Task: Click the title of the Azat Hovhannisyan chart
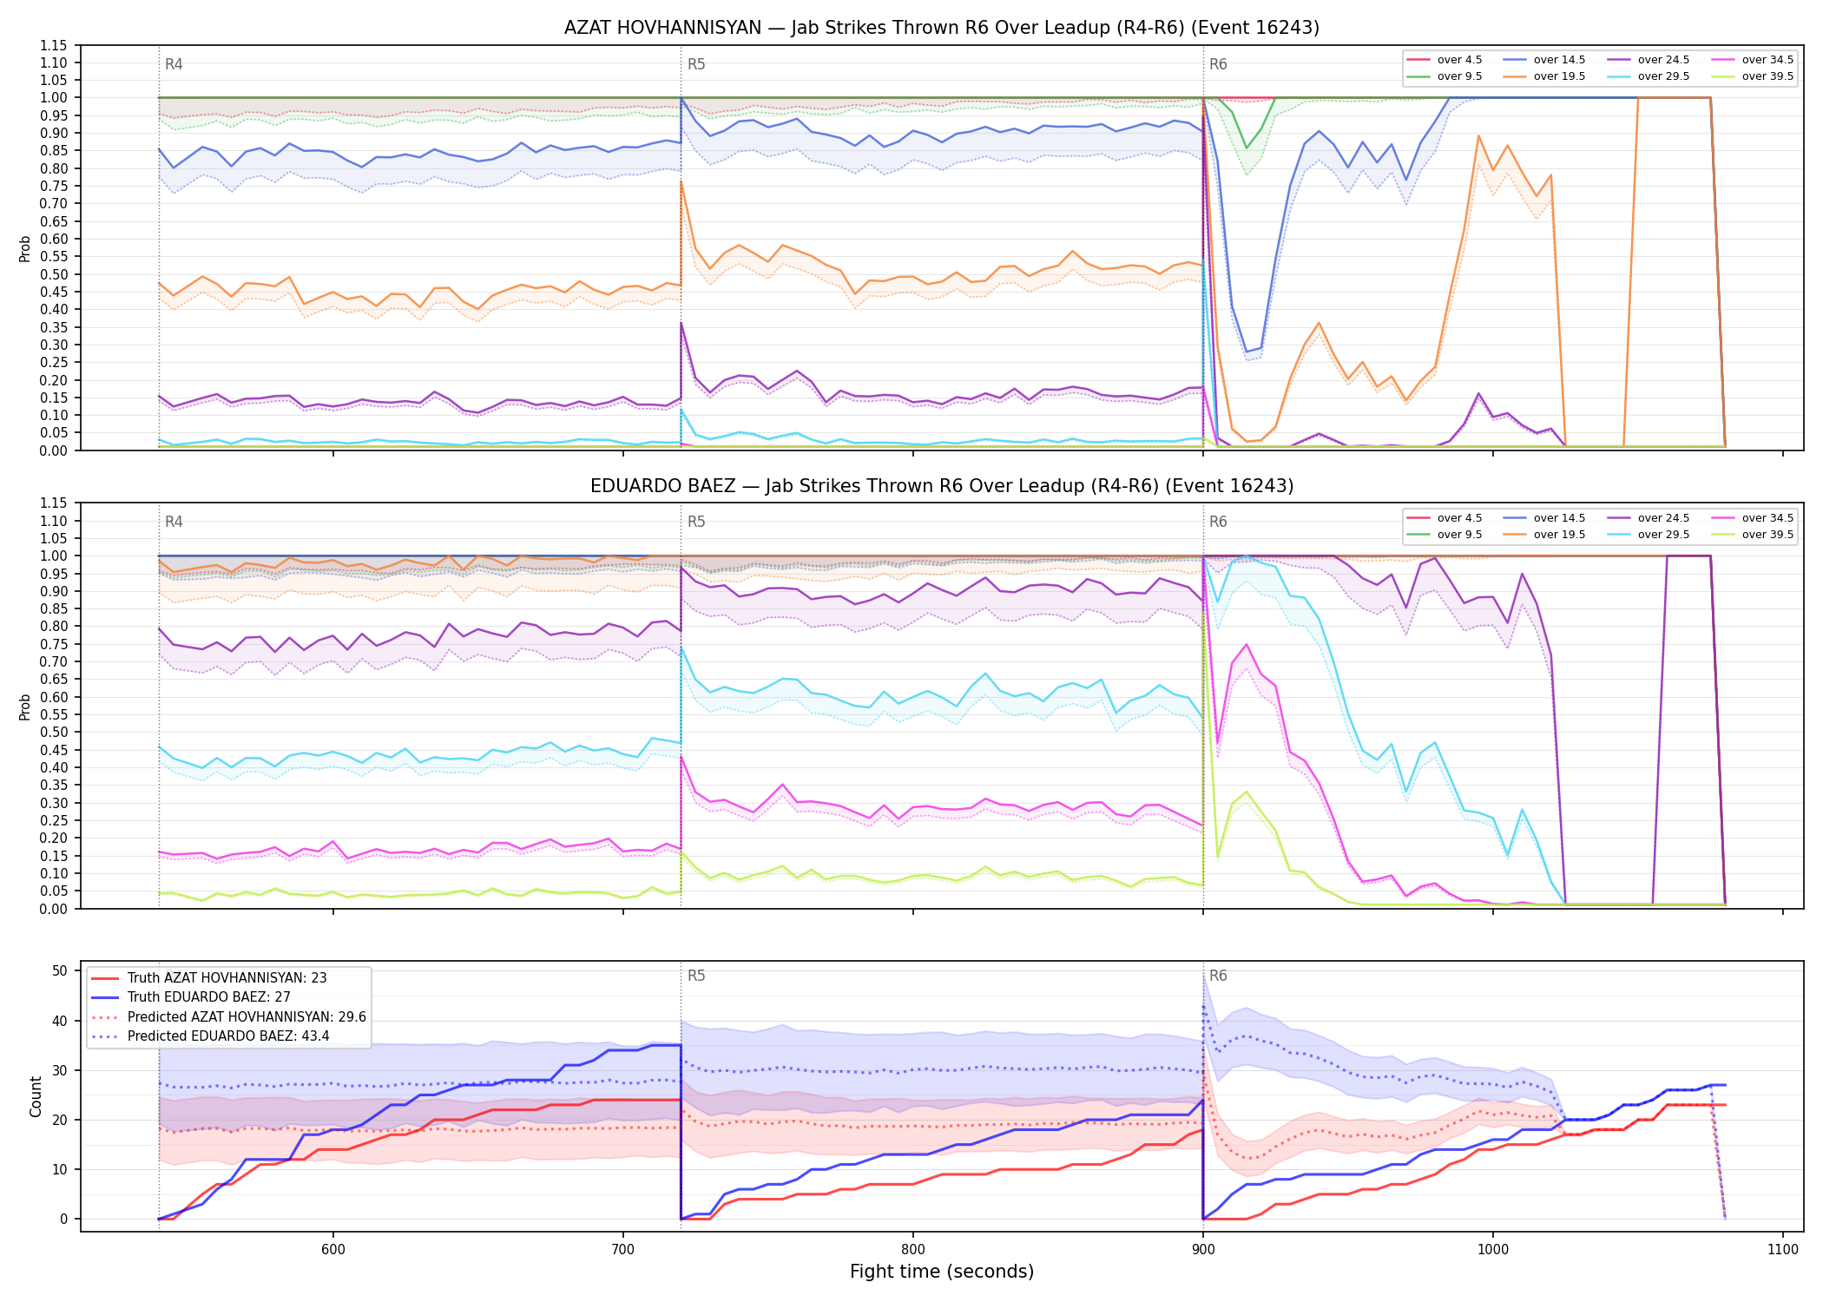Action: [942, 28]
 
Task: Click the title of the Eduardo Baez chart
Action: [942, 486]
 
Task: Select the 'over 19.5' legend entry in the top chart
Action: [1545, 76]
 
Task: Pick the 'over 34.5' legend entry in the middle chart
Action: [1754, 518]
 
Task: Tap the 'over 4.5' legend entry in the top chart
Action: [1445, 60]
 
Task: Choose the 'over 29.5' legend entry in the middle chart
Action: [1649, 535]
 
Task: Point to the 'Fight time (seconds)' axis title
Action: [942, 1272]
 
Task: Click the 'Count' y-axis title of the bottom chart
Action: [36, 1096]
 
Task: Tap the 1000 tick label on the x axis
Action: [1493, 1249]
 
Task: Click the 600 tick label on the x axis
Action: [333, 1249]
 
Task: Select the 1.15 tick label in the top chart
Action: [54, 45]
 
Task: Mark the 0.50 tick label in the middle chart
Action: [54, 732]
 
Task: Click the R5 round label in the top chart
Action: [696, 64]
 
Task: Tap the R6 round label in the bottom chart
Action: [1218, 976]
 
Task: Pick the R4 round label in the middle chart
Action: [174, 522]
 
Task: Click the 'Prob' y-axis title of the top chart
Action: [25, 248]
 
